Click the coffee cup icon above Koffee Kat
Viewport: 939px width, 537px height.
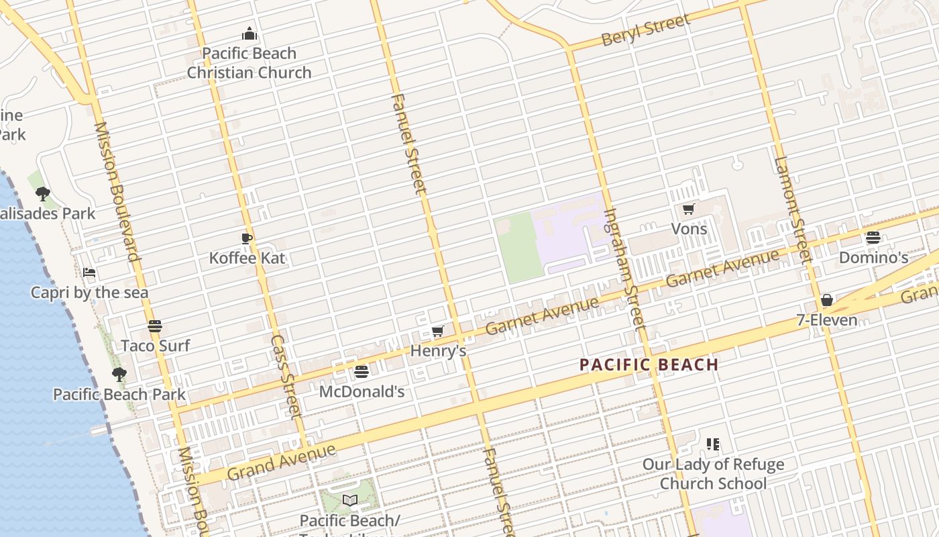point(247,238)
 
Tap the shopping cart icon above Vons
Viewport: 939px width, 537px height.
point(688,209)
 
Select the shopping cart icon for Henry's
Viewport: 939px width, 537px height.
point(437,331)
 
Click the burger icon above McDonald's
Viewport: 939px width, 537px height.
point(362,372)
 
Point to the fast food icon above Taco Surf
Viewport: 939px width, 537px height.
point(155,326)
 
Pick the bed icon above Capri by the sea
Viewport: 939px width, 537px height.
point(89,273)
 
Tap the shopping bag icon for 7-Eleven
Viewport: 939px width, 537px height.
point(827,300)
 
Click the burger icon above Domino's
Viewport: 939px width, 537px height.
point(873,238)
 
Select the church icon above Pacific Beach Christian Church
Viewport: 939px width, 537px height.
point(250,34)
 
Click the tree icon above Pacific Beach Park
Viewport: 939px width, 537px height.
point(119,375)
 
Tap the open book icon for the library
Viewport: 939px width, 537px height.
point(349,500)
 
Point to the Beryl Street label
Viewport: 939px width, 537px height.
point(646,30)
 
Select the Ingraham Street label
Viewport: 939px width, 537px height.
point(624,268)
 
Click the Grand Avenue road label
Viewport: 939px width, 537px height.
point(281,461)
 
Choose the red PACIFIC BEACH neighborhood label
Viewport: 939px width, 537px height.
point(649,365)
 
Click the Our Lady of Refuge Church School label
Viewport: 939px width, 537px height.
point(713,474)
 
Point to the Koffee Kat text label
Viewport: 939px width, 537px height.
point(247,258)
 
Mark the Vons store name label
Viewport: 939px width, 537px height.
point(689,229)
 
